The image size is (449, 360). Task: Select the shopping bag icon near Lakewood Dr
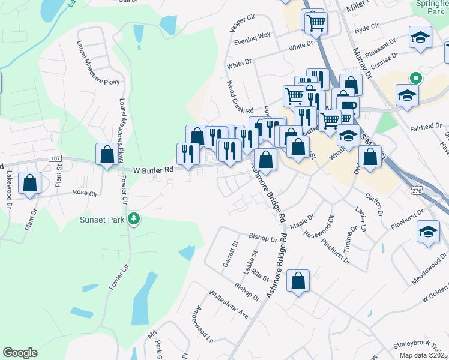30,183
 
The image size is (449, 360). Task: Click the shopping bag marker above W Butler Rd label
107,154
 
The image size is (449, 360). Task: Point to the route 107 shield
56,158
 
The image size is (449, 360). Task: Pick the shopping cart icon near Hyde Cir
315,23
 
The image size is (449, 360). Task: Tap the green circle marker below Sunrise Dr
414,77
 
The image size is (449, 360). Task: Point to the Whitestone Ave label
229,304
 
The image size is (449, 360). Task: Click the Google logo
20,353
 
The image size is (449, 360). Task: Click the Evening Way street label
252,37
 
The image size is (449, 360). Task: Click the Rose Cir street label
85,193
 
